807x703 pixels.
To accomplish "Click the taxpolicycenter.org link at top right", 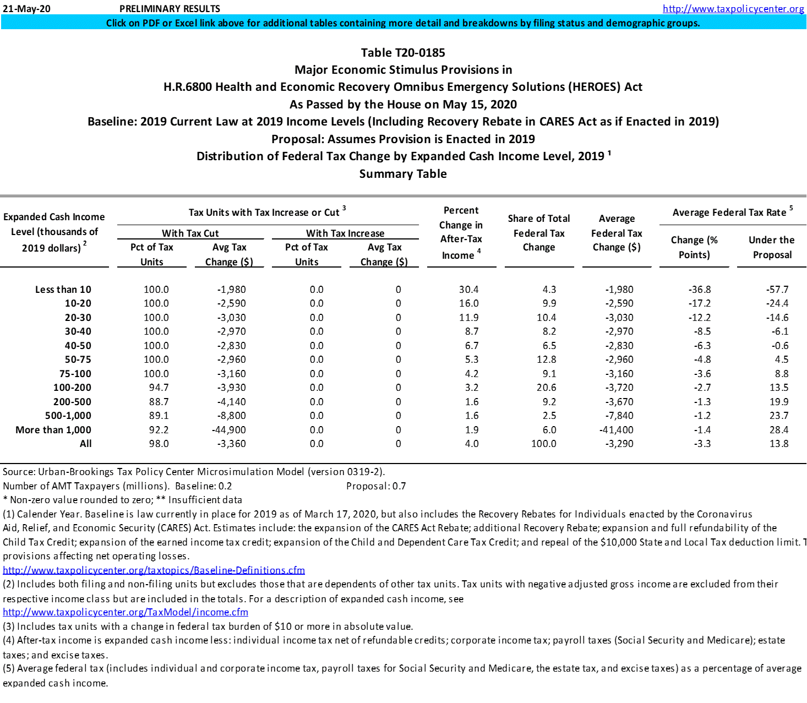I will (x=733, y=9).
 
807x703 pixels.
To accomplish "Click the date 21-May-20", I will (x=26, y=9).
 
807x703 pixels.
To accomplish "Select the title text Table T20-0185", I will (x=403, y=53).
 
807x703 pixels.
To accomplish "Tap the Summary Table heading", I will (x=403, y=174).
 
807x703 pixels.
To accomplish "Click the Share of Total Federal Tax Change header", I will (x=539, y=233).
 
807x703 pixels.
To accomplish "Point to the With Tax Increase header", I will (x=345, y=233).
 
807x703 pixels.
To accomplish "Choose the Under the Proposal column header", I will (x=772, y=247).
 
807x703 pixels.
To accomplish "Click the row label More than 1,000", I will (x=53, y=430).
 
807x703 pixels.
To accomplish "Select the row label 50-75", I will (x=78, y=359).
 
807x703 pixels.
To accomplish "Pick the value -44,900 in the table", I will (x=229, y=430).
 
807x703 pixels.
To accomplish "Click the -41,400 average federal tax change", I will (x=617, y=430).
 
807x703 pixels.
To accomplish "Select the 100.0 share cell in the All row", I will (x=543, y=444).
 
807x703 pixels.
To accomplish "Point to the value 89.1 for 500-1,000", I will (x=159, y=416).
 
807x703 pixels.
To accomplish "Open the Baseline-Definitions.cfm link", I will (x=154, y=570).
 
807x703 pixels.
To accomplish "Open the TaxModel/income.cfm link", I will (x=126, y=612).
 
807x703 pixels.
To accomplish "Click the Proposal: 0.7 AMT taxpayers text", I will (x=376, y=486).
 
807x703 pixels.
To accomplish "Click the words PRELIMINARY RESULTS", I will (x=170, y=9).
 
